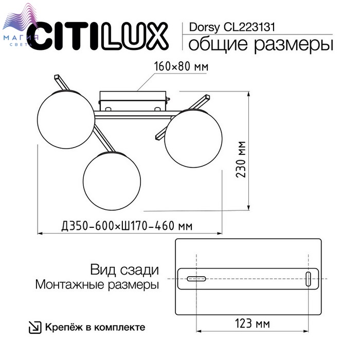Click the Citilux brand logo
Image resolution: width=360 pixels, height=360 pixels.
pos(98,37)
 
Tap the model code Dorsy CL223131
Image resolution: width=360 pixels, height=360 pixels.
pos(232,27)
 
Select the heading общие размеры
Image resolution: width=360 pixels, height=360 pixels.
pos(261,44)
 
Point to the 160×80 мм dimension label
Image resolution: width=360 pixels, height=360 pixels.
pos(181,66)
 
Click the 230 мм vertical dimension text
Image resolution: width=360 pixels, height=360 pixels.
pos(241,159)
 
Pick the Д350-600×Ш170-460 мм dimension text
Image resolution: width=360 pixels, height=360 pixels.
pos(127,226)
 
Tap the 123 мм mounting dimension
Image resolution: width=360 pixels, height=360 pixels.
pos(253,323)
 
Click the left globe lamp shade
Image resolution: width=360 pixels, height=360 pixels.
pos(66,119)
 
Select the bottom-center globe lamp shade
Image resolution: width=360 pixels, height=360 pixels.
pos(112,181)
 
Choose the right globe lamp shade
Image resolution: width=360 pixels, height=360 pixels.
pos(193,138)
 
